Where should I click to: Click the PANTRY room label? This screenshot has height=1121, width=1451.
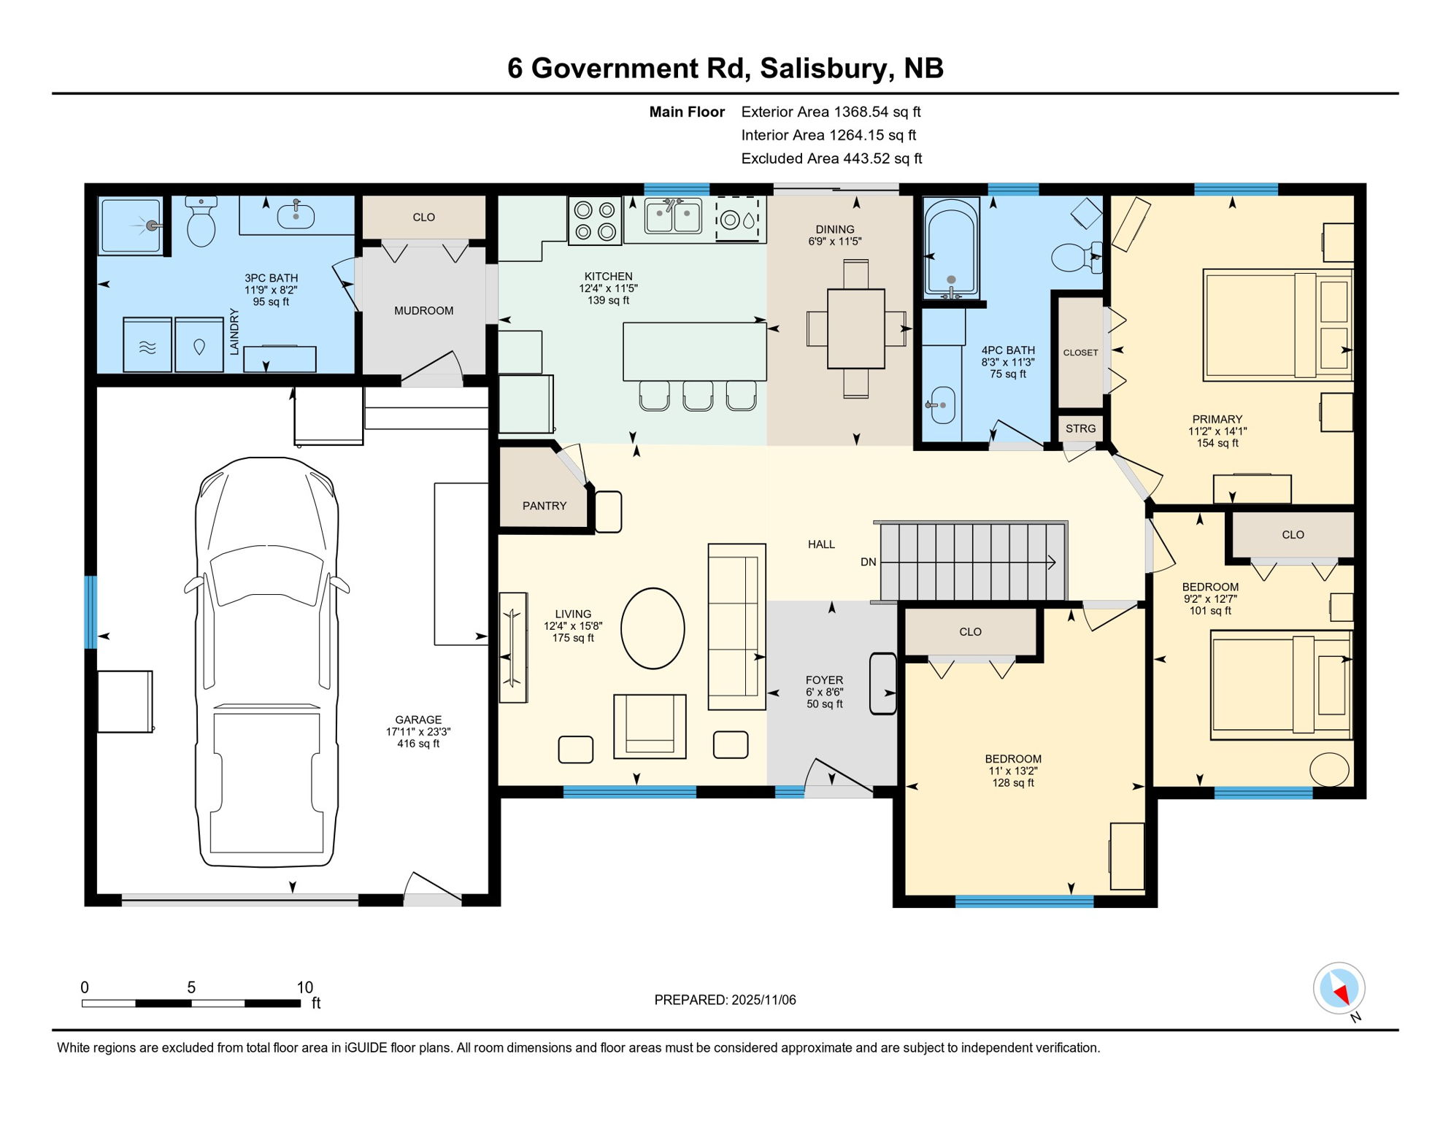tap(544, 506)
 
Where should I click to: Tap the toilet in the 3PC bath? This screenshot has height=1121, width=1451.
tap(201, 223)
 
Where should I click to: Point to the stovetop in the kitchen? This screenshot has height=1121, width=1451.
tap(595, 220)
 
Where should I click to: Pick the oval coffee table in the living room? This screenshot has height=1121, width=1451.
tap(653, 628)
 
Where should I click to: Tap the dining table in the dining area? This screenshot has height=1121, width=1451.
tap(855, 328)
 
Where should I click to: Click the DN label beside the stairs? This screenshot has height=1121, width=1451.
tap(868, 562)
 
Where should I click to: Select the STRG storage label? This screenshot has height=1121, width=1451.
tap(1080, 428)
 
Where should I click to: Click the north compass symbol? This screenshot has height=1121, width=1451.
tap(1339, 989)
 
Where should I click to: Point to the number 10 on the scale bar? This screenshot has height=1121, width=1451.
tap(304, 987)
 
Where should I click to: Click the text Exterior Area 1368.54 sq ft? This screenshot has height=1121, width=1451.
tap(831, 112)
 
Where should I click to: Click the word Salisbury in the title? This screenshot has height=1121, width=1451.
tap(824, 68)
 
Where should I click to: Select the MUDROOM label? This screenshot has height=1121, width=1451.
tap(423, 311)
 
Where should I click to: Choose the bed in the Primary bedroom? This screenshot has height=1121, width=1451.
tap(1277, 325)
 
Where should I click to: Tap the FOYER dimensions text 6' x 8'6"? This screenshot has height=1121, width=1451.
tap(824, 692)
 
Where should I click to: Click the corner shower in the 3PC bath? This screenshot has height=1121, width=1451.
tap(131, 226)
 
